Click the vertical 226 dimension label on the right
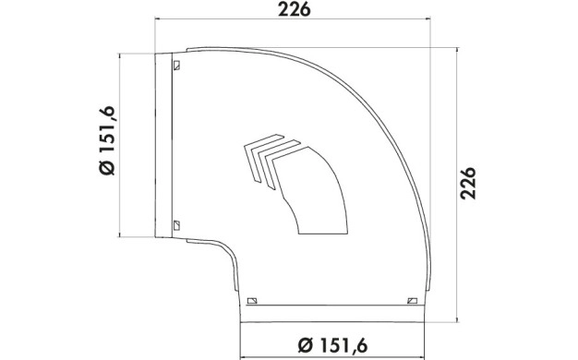pos(468,183)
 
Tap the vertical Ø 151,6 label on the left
pos(108,140)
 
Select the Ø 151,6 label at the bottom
pos(333,345)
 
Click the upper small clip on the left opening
pos(176,66)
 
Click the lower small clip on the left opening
pos(176,225)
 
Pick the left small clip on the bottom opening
pos(252,301)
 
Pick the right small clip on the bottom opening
pos(412,301)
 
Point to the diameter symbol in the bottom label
pos(306,346)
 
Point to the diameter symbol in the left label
pos(108,167)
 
